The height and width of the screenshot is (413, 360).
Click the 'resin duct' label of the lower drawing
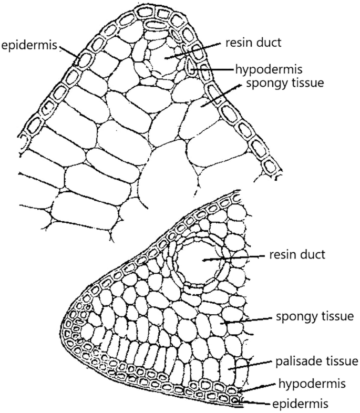(297, 255)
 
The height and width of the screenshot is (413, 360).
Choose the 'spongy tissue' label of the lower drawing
(313, 317)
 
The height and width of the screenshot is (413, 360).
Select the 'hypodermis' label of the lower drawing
(303, 384)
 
